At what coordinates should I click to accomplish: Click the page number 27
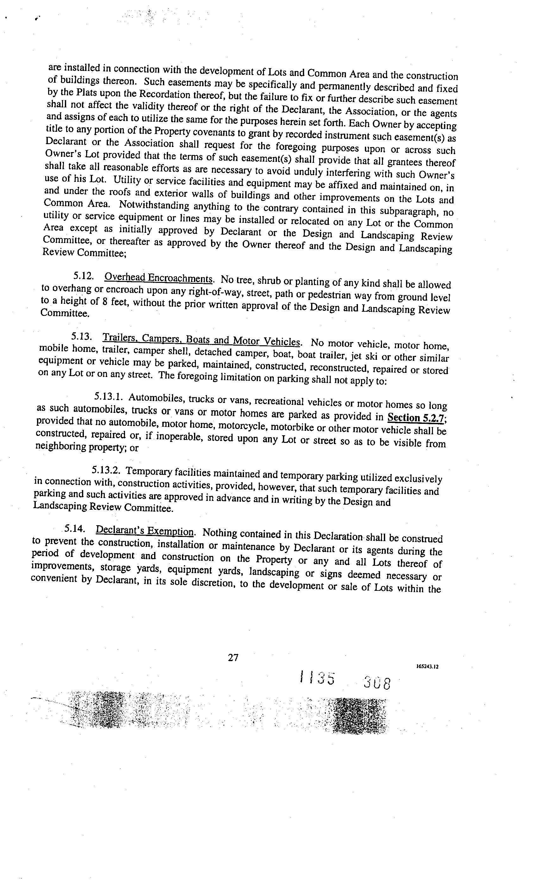point(233,658)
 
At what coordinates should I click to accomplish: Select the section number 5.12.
point(84,276)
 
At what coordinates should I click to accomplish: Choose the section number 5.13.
point(82,336)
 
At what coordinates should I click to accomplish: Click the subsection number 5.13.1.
point(109,397)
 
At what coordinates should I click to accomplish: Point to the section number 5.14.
point(75,529)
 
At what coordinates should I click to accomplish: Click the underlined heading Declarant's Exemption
point(145,531)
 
